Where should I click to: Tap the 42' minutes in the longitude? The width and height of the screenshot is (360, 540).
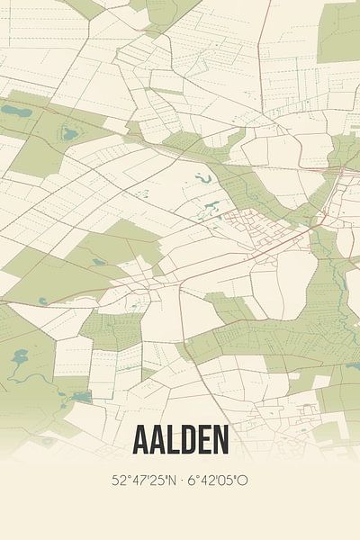(206, 480)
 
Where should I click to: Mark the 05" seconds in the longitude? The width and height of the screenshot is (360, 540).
(224, 480)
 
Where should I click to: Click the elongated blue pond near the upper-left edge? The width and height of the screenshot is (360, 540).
(15, 112)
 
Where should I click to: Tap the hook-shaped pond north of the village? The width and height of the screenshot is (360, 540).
(202, 179)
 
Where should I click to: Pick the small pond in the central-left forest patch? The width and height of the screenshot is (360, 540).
(96, 262)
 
